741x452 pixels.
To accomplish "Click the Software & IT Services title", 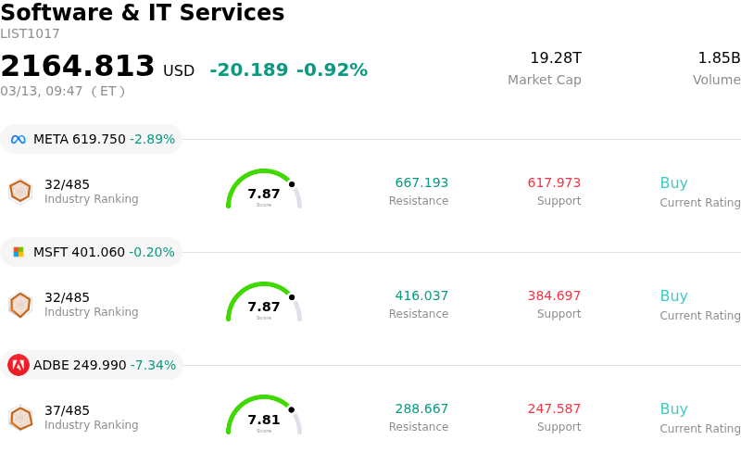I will tap(143, 13).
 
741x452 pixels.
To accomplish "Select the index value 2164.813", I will tap(78, 67).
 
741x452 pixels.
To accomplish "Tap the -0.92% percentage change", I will tap(332, 70).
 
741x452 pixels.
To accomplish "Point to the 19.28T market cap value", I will tap(556, 58).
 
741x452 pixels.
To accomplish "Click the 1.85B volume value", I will tap(719, 58).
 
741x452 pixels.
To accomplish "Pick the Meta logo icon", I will tap(19, 139).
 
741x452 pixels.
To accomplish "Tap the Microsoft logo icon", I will tap(19, 252).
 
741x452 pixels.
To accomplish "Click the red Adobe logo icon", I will tap(19, 365).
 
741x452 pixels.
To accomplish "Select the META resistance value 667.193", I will tap(421, 183).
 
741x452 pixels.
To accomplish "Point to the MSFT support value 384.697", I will tap(554, 296).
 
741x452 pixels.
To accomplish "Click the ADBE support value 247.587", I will tap(554, 409).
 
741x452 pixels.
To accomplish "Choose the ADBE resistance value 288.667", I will tap(421, 409).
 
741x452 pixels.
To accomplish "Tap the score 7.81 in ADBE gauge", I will tap(264, 421).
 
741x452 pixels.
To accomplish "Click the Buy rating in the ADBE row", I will tap(673, 409).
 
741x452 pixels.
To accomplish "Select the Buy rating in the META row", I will tap(673, 183).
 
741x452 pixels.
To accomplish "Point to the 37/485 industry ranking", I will tap(67, 410).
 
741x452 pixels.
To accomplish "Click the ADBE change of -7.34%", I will tap(153, 365).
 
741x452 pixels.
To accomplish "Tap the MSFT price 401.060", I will tap(98, 252).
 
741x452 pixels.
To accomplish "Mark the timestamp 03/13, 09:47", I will tap(42, 92).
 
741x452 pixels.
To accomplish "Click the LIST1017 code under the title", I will tap(30, 34).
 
